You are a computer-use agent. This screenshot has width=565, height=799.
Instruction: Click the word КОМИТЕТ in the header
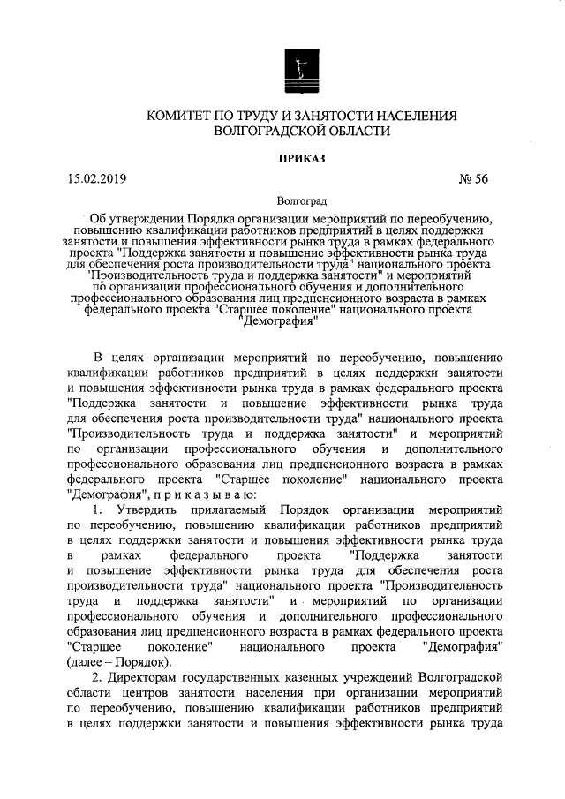point(178,116)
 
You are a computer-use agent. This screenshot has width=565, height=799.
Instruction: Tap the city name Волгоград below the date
point(301,201)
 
